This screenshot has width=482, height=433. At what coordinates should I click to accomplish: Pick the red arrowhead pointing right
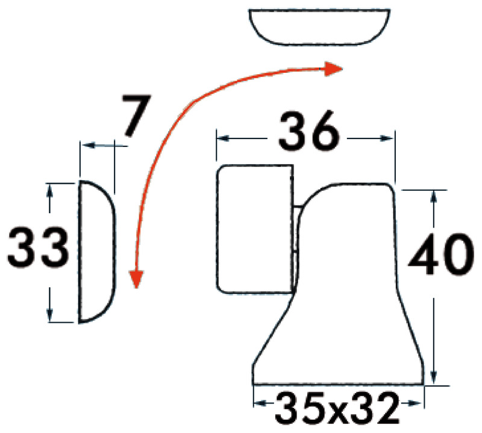333,69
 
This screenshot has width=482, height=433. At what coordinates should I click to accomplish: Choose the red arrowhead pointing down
137,279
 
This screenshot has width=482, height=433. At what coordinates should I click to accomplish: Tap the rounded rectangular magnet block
255,229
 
